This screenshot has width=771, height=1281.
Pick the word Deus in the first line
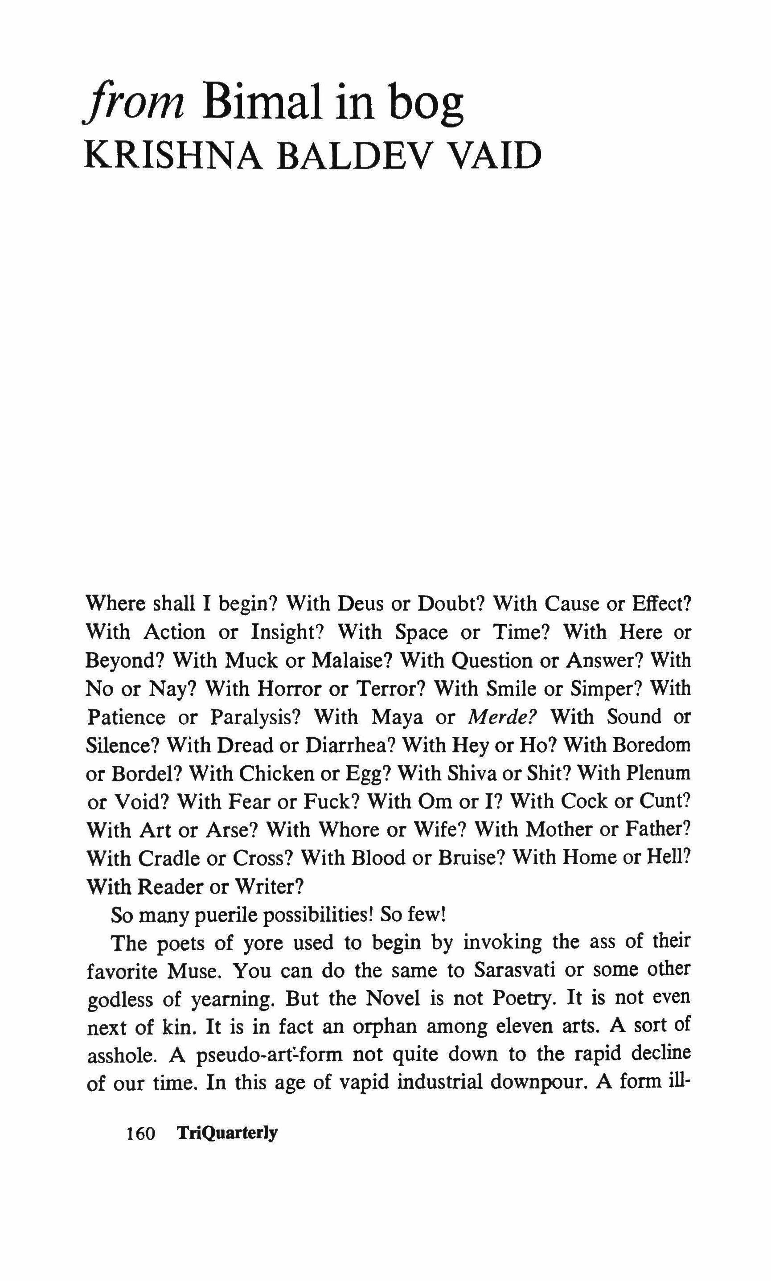pyautogui.click(x=361, y=604)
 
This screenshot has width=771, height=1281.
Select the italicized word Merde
pyautogui.click(x=502, y=717)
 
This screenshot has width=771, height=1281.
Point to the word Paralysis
pyautogui.click(x=255, y=717)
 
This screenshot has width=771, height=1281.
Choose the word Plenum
pyautogui.click(x=658, y=773)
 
